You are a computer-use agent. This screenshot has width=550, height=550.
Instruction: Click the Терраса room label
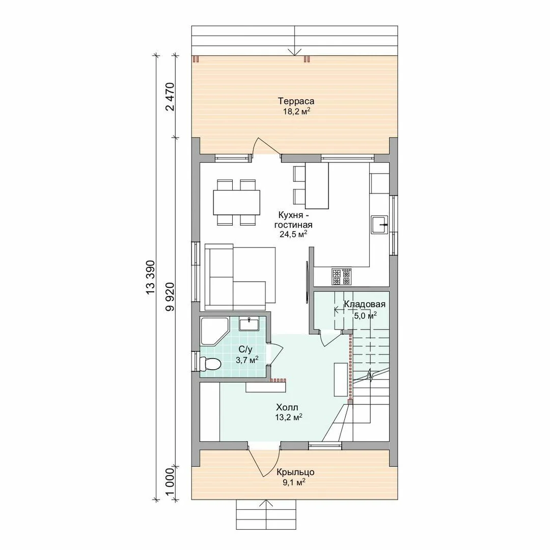coord(296,101)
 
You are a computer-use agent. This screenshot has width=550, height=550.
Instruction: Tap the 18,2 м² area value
coord(297,112)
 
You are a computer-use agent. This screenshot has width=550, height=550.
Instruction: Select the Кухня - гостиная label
coord(293,219)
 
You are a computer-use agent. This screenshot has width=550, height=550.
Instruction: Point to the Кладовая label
coord(365,304)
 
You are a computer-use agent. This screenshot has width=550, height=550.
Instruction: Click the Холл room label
coord(287,407)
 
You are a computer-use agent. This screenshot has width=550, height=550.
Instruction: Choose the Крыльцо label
coord(295,472)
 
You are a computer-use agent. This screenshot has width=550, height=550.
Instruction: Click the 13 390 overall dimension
coord(150,278)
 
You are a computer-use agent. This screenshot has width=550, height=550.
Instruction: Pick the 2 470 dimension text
coord(170,96)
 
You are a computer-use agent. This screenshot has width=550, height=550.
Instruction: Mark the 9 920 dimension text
coord(170,297)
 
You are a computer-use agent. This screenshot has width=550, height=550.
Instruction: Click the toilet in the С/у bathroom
coord(210,364)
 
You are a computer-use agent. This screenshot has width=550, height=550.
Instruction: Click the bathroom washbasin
coord(249,323)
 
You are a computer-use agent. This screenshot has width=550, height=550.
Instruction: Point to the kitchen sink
coord(379,225)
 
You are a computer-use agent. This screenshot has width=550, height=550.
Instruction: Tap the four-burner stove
coord(341,277)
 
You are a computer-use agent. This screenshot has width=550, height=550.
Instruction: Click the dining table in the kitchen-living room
coord(237,202)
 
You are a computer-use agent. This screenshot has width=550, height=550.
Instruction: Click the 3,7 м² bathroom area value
coord(248,360)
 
